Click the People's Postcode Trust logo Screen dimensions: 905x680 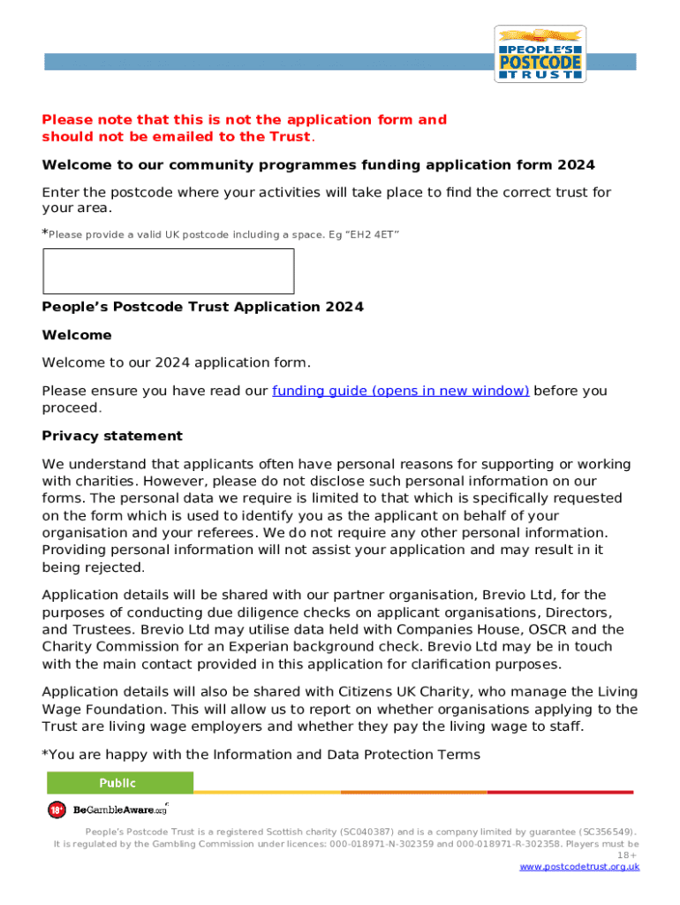point(540,54)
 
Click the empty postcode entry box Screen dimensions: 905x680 point(168,270)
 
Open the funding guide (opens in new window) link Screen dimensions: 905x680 point(400,391)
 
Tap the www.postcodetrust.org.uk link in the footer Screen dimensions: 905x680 point(579,867)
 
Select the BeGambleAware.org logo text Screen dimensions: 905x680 point(119,810)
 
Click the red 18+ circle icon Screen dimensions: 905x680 point(57,810)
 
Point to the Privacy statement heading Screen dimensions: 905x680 point(112,436)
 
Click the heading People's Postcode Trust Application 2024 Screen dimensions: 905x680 point(202,307)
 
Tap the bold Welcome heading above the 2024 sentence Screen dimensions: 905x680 point(77,335)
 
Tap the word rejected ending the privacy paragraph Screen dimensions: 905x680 point(115,567)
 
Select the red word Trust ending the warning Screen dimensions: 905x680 point(290,136)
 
